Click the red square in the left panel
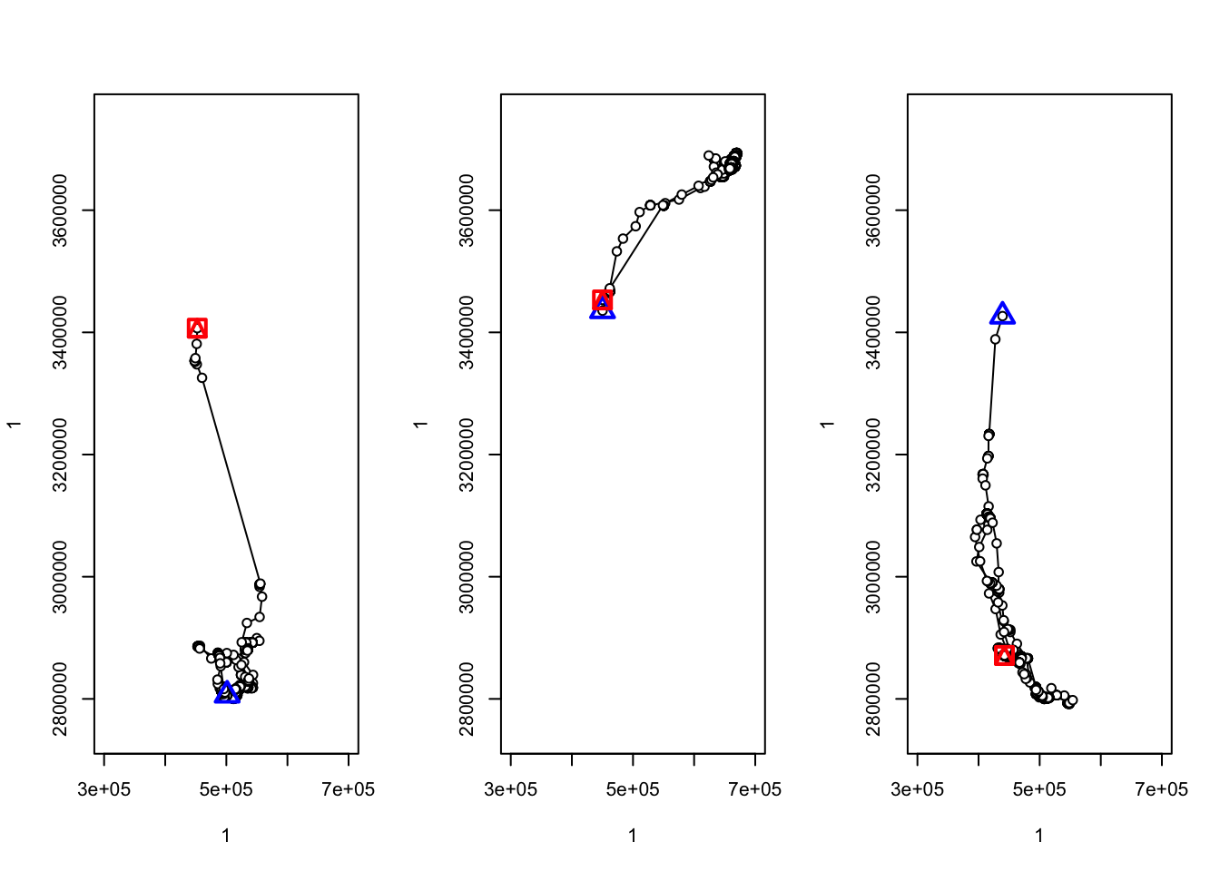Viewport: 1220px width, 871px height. (x=197, y=328)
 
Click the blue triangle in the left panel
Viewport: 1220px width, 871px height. (x=228, y=694)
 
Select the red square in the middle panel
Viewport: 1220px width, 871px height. (x=603, y=299)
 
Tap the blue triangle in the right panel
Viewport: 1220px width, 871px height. (x=1002, y=315)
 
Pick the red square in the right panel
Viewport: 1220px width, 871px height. (x=1004, y=654)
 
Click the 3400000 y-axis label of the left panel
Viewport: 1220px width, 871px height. (x=60, y=332)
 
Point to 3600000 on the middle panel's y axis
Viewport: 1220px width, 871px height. (x=467, y=210)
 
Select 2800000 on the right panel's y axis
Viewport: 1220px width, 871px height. (x=873, y=699)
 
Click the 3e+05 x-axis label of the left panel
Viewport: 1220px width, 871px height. (x=103, y=789)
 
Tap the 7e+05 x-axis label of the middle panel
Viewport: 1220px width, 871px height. (x=754, y=789)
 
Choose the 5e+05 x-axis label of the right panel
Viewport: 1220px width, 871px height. (x=1039, y=789)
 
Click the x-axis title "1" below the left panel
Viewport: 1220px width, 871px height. (x=226, y=836)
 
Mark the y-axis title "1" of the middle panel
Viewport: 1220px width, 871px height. (x=420, y=424)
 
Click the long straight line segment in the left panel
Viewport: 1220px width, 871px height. (x=231, y=481)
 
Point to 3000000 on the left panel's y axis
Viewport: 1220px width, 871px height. (x=60, y=577)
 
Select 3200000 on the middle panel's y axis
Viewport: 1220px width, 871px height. (x=467, y=455)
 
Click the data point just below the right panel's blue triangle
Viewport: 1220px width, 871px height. (x=995, y=339)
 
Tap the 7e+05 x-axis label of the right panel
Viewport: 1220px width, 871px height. (x=1161, y=789)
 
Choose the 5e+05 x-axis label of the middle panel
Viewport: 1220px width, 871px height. (x=633, y=789)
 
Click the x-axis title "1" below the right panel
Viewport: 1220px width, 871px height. (x=1039, y=836)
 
